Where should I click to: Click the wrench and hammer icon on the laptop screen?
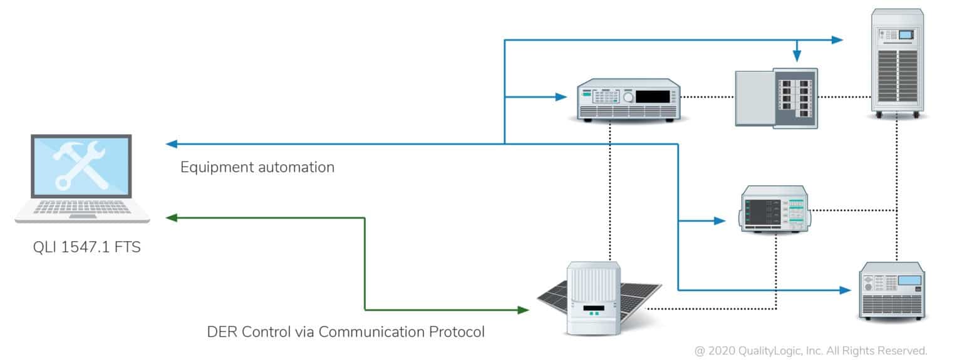81,165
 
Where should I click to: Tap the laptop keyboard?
82,207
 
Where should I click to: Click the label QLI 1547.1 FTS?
86,247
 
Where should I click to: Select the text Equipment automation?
257,167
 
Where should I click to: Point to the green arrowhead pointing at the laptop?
171,217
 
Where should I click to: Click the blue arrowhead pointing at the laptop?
171,144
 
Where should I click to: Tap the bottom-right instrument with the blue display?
892,290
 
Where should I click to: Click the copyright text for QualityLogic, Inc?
810,350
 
